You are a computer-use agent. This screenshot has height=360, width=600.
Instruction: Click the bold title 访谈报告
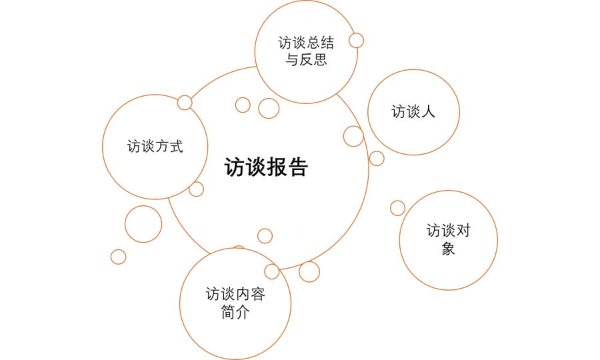point(266,167)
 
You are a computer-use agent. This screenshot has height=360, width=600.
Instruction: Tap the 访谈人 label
point(413,112)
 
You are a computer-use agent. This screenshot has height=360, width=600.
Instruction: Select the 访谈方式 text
point(155,146)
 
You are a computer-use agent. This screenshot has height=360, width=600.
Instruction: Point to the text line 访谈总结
point(306,43)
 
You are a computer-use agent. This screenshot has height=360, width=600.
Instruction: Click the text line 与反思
point(306,60)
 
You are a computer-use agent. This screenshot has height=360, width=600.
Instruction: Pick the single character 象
point(448,249)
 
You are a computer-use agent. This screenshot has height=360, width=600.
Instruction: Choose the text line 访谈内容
point(235,294)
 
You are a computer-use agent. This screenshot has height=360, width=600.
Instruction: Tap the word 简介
point(235,312)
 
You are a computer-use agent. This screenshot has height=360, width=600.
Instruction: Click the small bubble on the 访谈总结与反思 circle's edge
point(356,40)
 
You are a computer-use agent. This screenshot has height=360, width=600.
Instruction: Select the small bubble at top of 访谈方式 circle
point(185,103)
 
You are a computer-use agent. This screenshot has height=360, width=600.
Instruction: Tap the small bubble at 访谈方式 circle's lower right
point(196,189)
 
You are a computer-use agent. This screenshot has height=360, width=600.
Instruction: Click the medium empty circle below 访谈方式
point(143,224)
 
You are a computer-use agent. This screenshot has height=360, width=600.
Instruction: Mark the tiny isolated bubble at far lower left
point(118,257)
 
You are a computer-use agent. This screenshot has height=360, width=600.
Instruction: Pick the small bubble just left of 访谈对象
point(397,208)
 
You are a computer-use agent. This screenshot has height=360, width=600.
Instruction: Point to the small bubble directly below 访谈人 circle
point(377,159)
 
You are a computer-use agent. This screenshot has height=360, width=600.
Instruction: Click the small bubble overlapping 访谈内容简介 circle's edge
point(272,271)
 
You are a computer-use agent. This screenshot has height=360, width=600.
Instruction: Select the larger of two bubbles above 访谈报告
point(269,108)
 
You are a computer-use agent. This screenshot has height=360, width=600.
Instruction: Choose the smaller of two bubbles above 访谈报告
point(243,105)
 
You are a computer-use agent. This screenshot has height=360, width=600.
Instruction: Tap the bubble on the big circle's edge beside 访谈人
point(353,137)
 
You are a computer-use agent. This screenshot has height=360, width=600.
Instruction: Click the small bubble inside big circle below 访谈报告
point(265,236)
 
